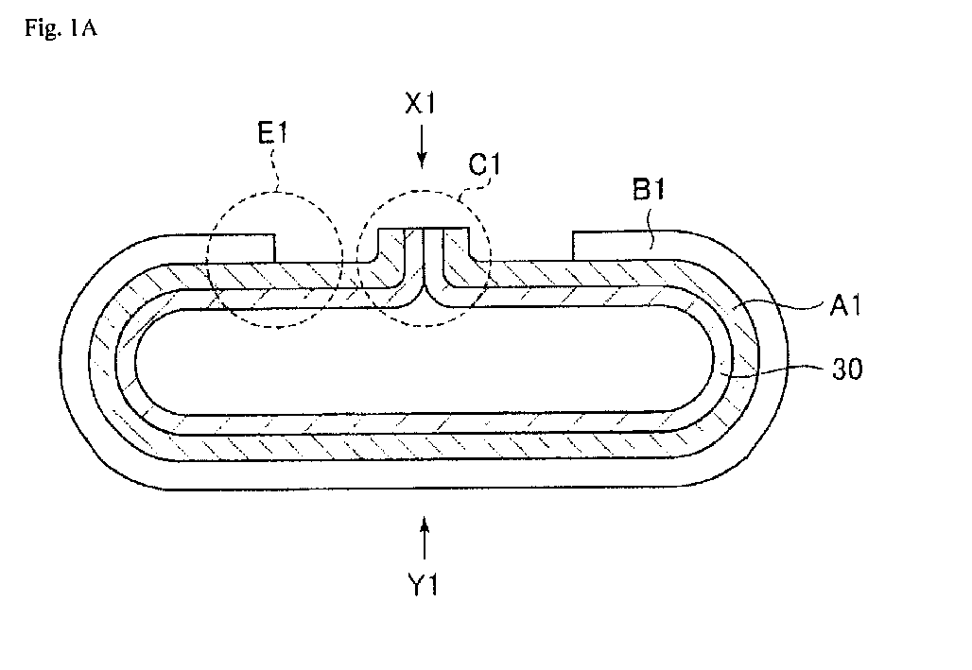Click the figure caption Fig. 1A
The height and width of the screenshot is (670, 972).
click(61, 28)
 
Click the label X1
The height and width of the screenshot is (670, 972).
click(421, 103)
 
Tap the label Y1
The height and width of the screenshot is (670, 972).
click(424, 584)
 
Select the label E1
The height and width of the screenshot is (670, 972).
click(272, 132)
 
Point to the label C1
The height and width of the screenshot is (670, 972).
click(484, 164)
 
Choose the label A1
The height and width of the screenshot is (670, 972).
click(845, 305)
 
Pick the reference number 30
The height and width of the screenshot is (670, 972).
click(847, 369)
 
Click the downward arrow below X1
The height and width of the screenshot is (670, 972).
click(422, 146)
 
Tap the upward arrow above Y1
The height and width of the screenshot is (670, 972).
click(425, 538)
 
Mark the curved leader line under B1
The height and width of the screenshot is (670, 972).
click(649, 231)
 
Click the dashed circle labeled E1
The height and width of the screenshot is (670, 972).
click(208, 260)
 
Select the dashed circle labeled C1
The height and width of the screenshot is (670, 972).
click(357, 260)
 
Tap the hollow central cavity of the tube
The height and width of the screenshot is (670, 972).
click(425, 360)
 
